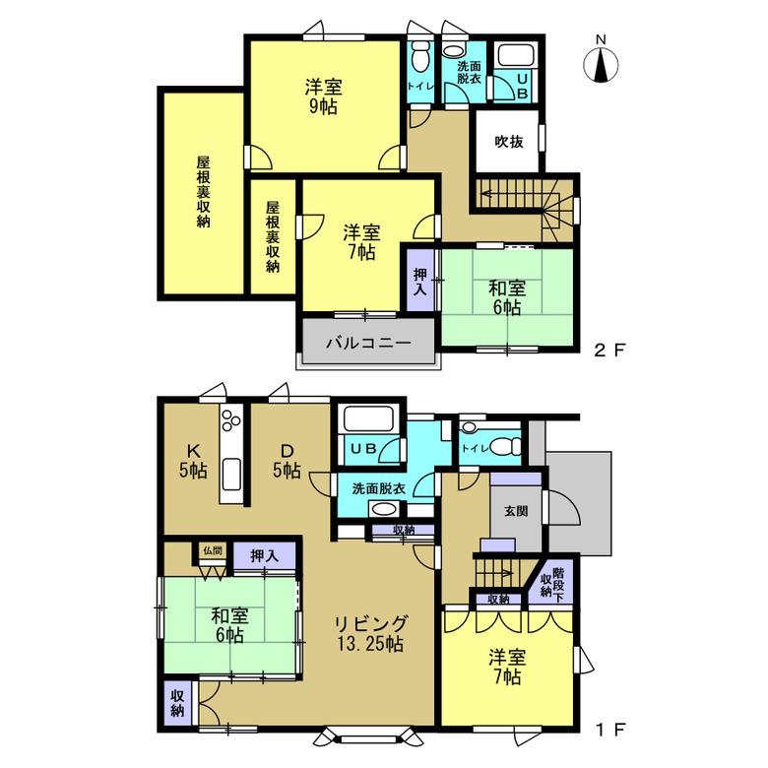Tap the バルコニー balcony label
[368, 343]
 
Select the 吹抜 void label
[508, 142]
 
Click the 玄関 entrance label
[516, 511]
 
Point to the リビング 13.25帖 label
[371, 634]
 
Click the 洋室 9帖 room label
[324, 96]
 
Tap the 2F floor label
[609, 350]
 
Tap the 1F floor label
[610, 730]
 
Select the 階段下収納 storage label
[552, 581]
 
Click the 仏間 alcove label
[213, 550]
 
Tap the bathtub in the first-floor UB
[367, 417]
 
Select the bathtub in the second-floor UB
[516, 55]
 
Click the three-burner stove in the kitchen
[231, 419]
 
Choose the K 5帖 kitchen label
[193, 461]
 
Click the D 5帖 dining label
[288, 461]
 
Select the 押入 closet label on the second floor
[420, 282]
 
